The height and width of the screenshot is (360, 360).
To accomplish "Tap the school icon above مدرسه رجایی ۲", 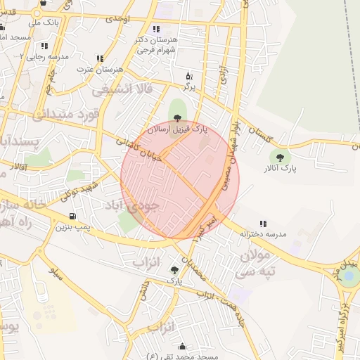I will [x=44, y=46].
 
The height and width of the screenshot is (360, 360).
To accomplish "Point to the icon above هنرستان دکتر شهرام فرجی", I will [x=155, y=30].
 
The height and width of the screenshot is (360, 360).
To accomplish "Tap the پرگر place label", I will [x=188, y=86].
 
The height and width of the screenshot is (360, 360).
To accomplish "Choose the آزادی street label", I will [x=224, y=77].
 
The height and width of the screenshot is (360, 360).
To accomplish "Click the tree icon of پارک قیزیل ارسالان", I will [x=176, y=118].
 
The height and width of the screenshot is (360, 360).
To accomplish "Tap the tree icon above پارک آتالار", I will [x=281, y=158].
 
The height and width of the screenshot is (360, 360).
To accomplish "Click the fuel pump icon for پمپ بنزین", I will [x=72, y=217].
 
